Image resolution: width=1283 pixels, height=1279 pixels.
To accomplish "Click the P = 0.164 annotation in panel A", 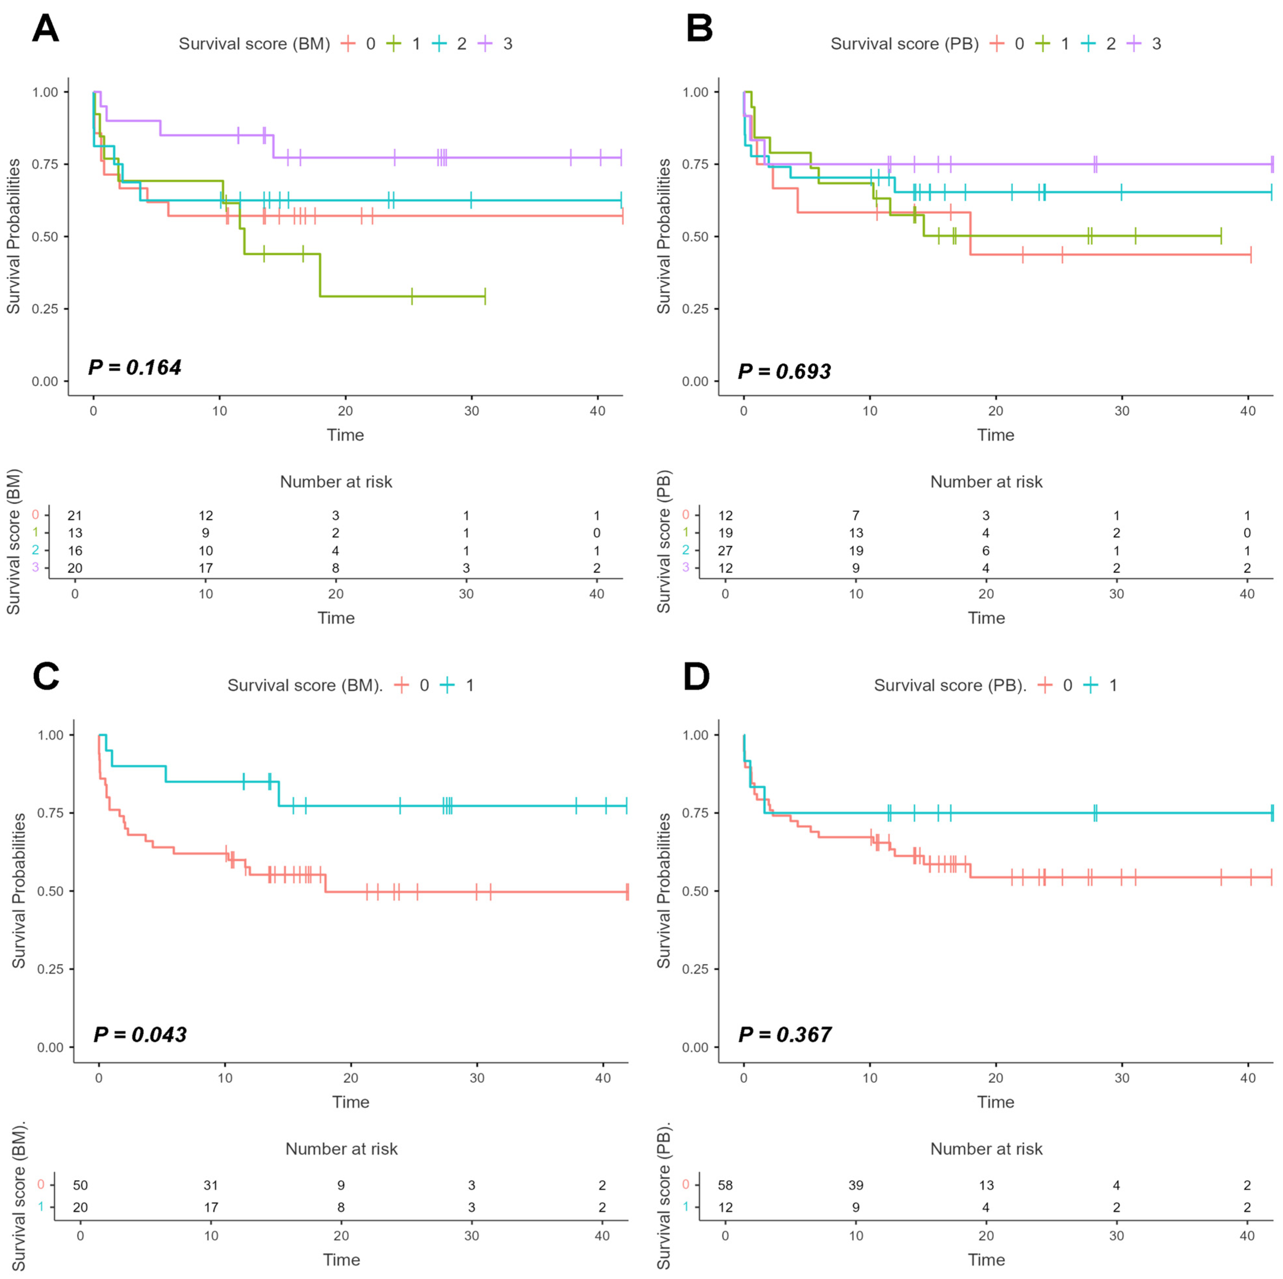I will [135, 367].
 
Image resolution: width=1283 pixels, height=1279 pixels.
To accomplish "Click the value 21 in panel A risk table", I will [74, 515].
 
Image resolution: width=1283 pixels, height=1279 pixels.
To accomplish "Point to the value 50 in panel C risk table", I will [80, 1185].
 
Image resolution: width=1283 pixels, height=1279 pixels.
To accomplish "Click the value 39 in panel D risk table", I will [856, 1185].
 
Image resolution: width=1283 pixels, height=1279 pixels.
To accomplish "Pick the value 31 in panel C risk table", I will [211, 1185].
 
